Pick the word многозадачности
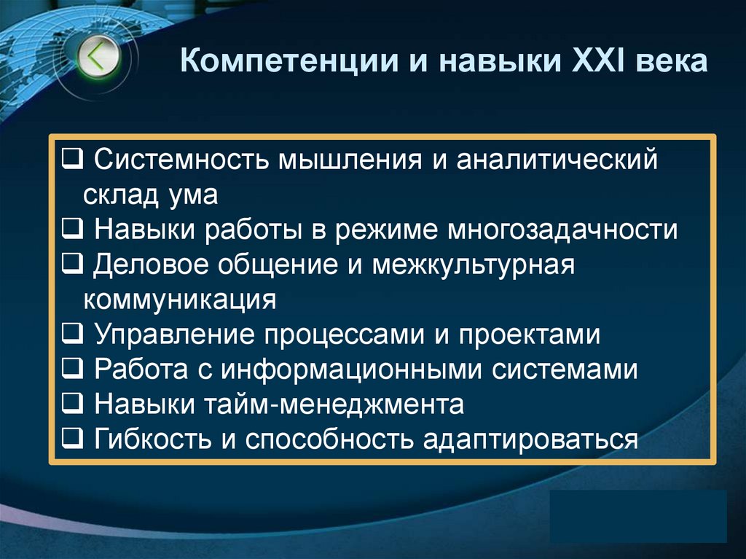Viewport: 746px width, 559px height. point(562,230)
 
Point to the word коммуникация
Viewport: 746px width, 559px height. point(179,300)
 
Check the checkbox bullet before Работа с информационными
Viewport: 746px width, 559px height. point(71,369)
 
